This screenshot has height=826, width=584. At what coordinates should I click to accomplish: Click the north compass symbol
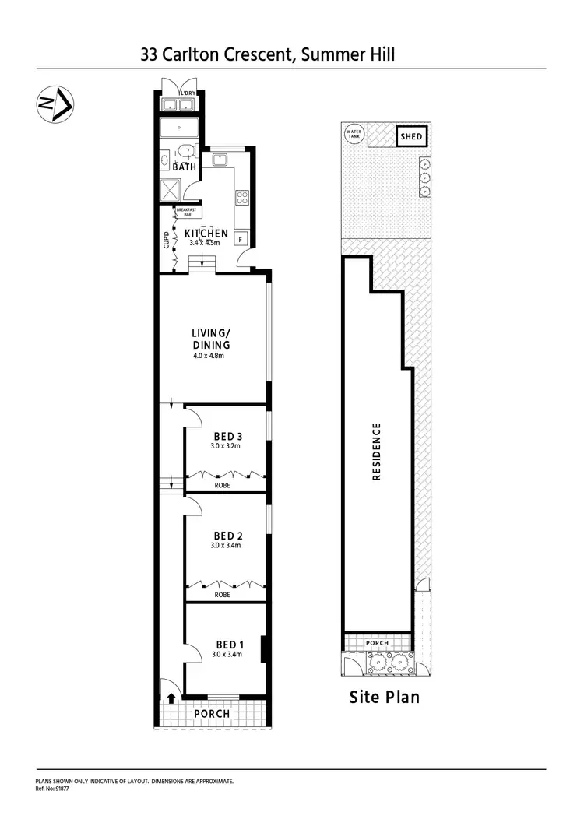55,104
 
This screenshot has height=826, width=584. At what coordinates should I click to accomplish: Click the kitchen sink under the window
220,160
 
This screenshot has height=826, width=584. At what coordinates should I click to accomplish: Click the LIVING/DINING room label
211,339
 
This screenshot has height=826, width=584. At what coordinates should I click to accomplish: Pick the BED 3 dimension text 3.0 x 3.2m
226,447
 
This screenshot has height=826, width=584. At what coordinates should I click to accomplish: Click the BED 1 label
229,644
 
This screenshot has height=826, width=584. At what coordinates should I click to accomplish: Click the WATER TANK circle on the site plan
354,134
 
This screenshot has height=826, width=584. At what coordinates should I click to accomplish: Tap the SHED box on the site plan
410,136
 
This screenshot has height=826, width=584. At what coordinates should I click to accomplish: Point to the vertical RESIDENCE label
377,452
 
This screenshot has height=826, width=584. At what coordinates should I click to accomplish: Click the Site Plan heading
384,697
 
